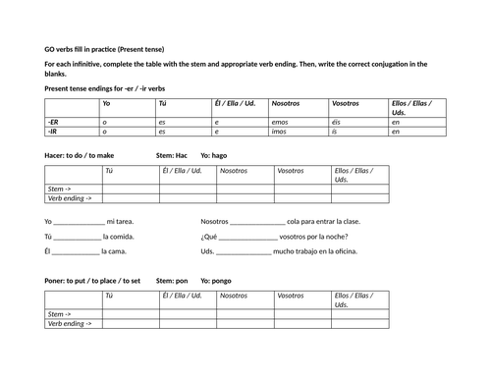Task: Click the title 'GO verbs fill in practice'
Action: [x=104, y=49]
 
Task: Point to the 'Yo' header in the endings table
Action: [x=107, y=103]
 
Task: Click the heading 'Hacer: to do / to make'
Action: [x=80, y=154]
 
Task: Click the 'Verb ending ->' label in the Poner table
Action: [x=70, y=323]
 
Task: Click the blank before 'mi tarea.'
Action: [x=79, y=222]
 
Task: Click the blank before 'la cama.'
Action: [x=72, y=251]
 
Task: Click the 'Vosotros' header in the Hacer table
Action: [x=290, y=169]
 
